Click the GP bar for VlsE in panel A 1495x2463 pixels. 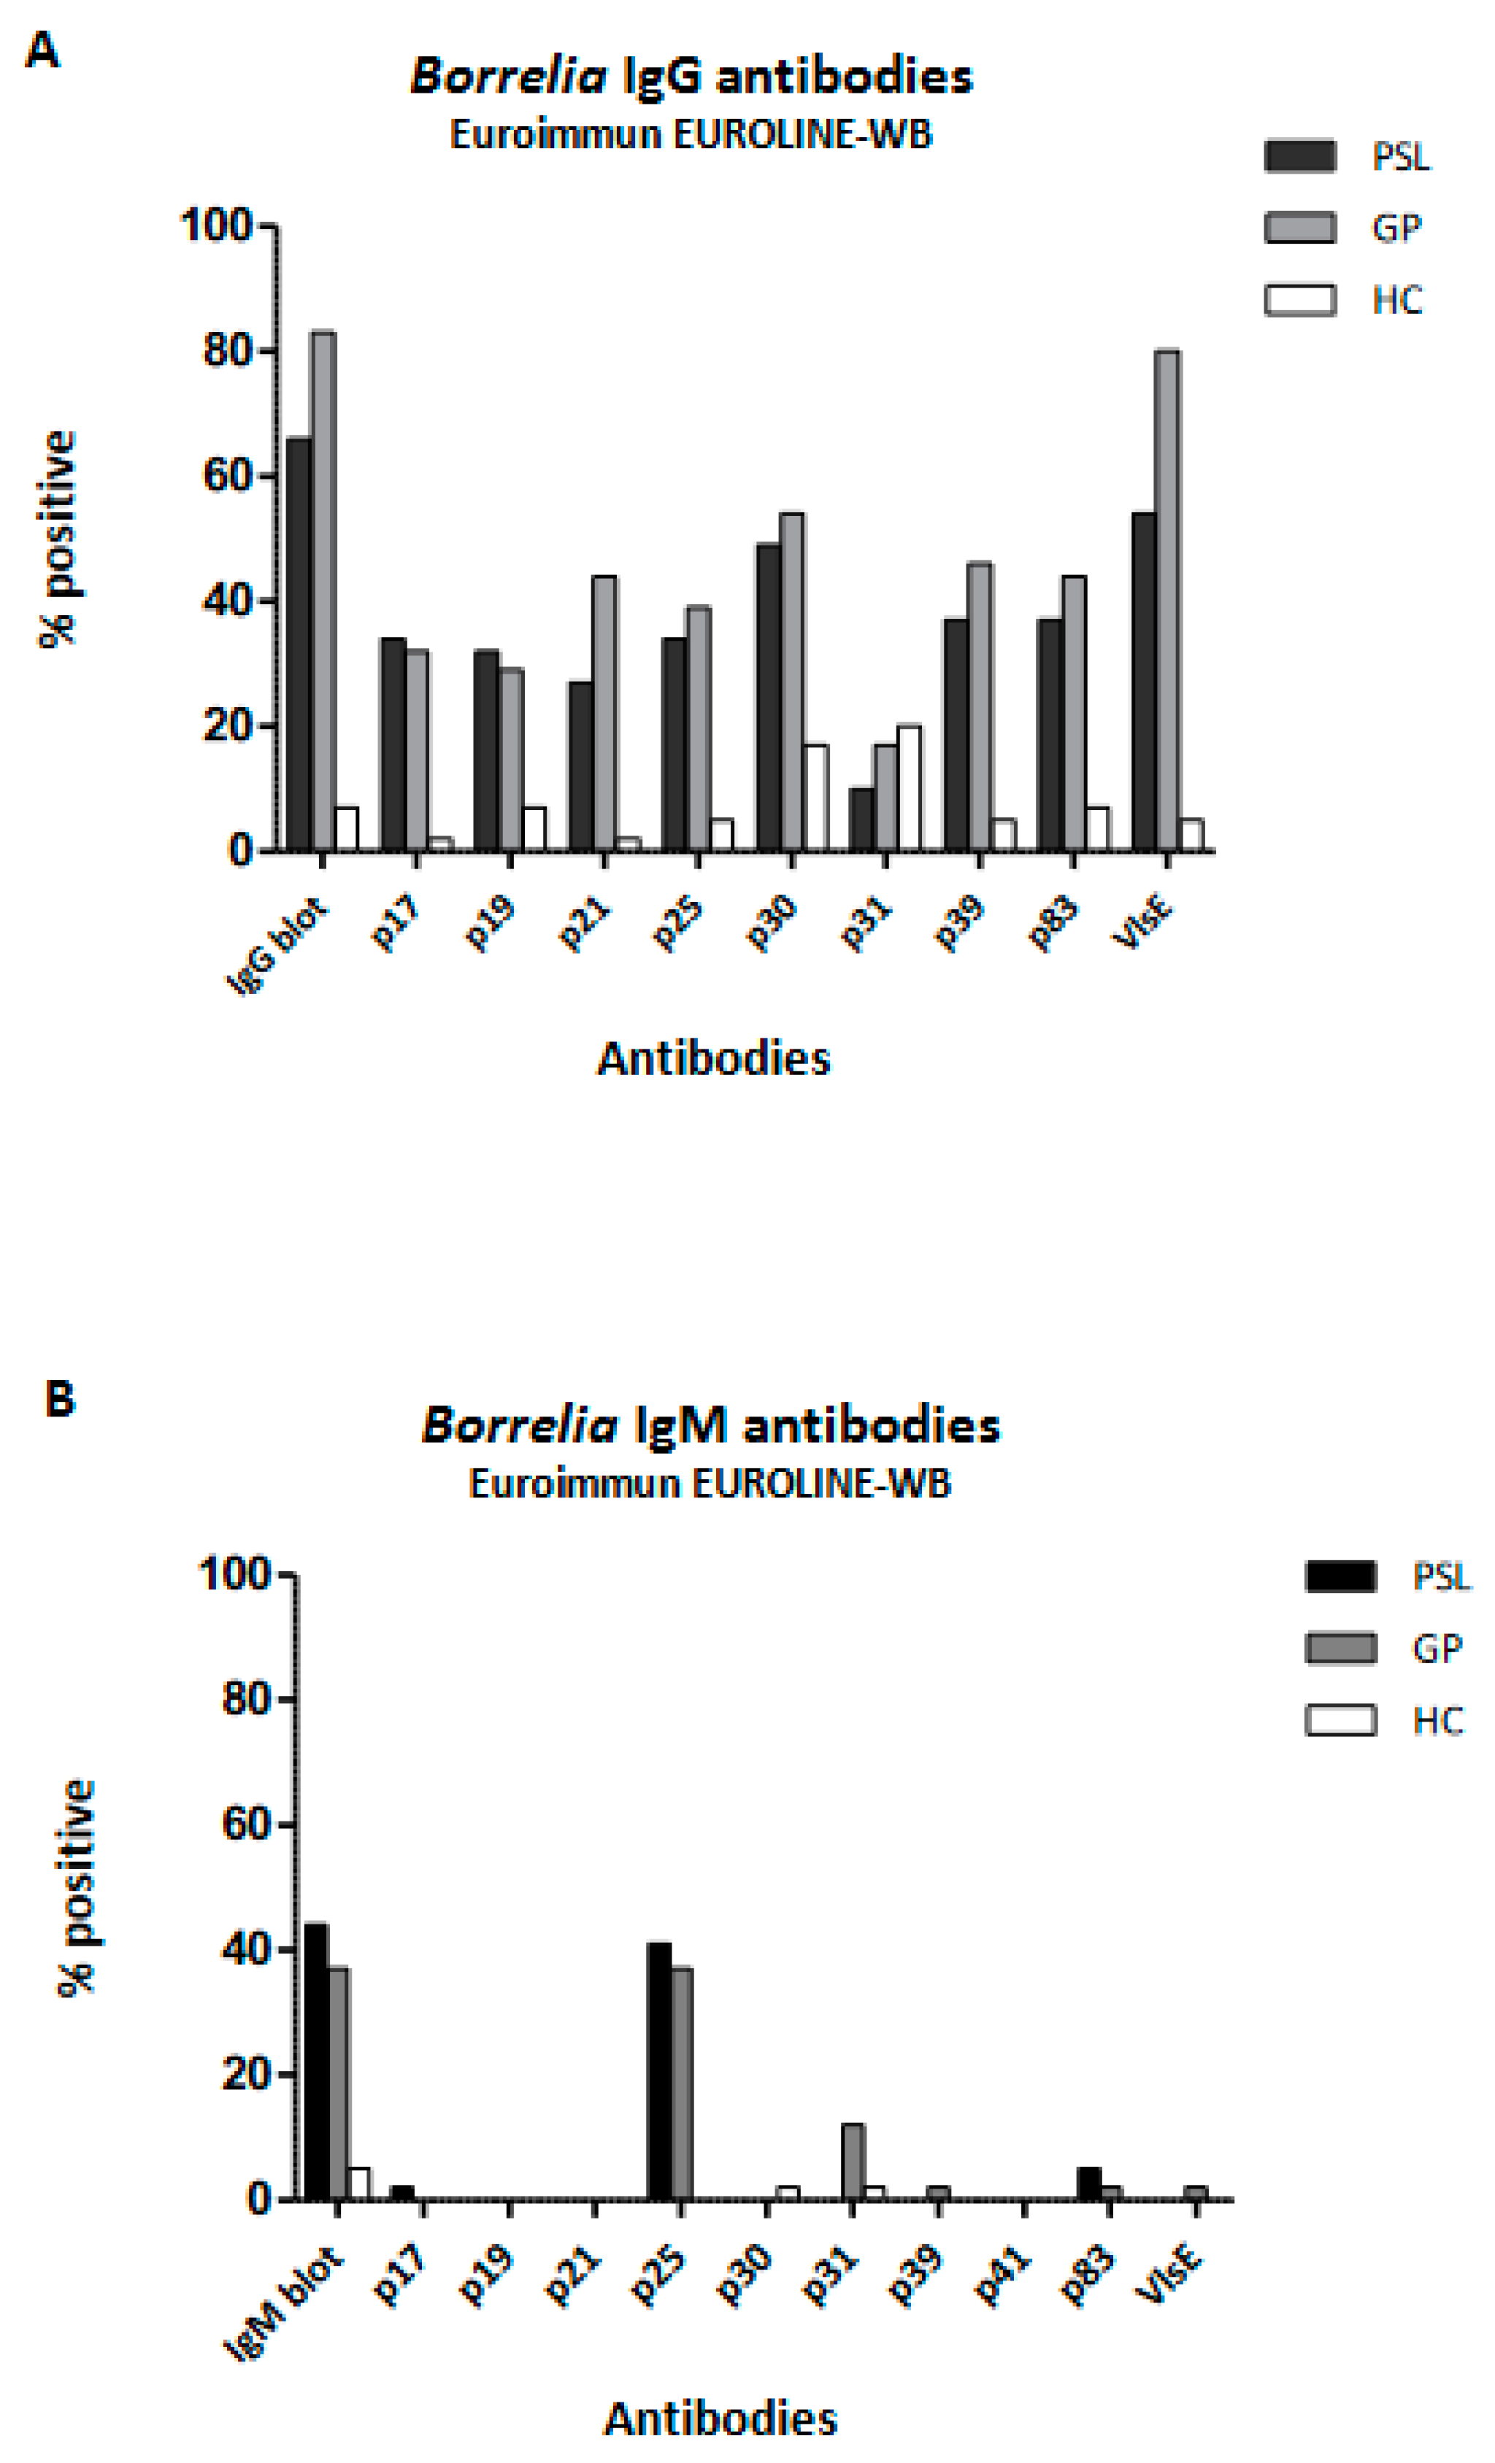point(1166,601)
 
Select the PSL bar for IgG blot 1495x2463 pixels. point(298,644)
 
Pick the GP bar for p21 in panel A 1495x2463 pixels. point(604,714)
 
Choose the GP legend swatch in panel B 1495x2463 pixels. point(1340,1649)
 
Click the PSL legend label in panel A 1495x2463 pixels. point(1400,157)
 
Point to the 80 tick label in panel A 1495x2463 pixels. point(226,352)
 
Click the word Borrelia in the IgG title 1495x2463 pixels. point(508,77)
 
